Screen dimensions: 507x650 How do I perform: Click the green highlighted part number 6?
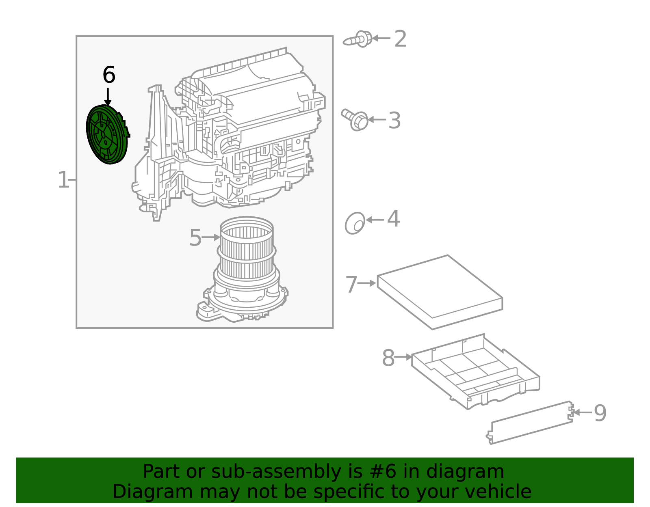point(106,135)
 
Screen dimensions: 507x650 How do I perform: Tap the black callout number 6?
point(109,75)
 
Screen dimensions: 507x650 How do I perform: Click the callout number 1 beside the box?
point(63,180)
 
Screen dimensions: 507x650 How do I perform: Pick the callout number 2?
point(400,39)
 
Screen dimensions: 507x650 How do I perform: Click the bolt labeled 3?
point(356,119)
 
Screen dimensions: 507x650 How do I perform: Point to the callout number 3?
point(394,121)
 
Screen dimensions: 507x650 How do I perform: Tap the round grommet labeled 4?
point(355,223)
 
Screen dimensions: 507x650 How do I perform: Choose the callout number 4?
point(393,219)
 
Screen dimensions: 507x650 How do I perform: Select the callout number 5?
point(195,238)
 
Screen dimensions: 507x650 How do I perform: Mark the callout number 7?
point(351,284)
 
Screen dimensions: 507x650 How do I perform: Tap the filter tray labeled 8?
point(475,371)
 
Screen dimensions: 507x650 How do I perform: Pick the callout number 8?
point(388,358)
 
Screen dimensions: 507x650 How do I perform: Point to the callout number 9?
point(600,413)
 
